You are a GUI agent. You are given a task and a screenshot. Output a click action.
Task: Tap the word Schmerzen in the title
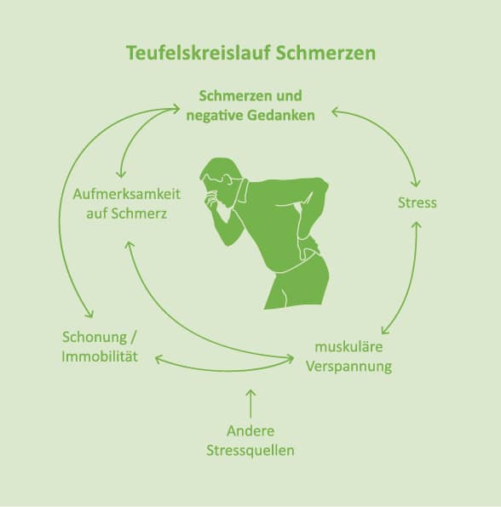click(325, 53)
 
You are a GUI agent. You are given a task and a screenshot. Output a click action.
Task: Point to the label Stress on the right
click(417, 203)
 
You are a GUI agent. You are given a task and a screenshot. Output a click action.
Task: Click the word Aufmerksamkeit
click(127, 194)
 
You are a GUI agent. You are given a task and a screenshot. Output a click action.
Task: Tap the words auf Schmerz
click(127, 214)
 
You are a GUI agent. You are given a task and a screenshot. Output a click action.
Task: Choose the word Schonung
click(95, 337)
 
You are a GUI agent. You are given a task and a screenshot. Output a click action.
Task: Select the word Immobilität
click(100, 356)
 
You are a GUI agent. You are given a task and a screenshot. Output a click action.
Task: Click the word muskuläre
click(348, 347)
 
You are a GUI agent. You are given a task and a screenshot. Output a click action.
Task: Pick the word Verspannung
click(348, 367)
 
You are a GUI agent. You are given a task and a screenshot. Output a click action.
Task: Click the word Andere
click(250, 430)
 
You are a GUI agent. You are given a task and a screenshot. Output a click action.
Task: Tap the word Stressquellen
click(250, 450)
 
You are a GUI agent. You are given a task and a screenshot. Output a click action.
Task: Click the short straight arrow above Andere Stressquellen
click(250, 403)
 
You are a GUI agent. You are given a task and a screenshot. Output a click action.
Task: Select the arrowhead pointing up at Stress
click(417, 225)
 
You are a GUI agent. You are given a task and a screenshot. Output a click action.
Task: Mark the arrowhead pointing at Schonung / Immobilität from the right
click(159, 359)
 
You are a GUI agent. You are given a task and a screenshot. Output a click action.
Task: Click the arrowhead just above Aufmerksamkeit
click(121, 174)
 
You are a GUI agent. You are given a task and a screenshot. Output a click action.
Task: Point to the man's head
click(221, 175)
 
